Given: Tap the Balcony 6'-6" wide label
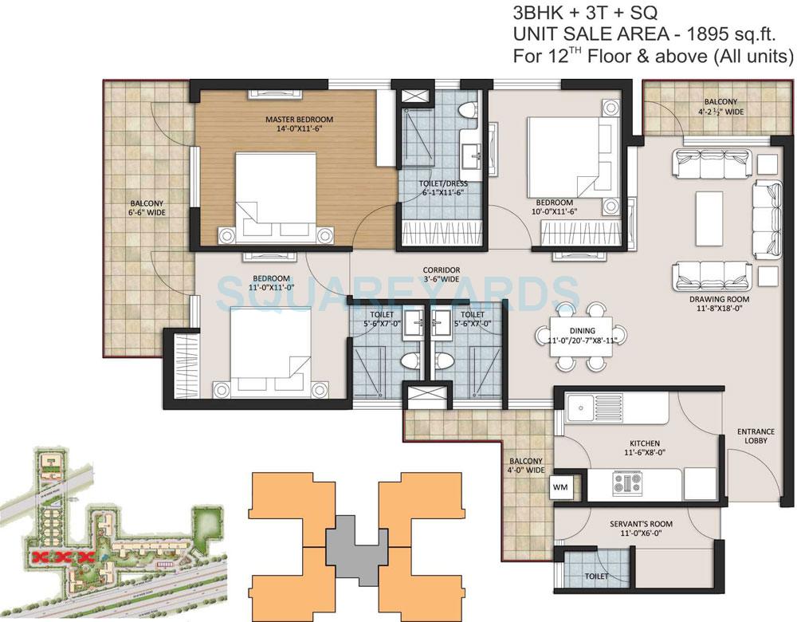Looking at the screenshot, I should coord(143,209).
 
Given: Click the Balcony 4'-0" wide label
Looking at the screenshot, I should coord(524,466).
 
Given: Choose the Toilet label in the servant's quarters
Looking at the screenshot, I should coord(596,576).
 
